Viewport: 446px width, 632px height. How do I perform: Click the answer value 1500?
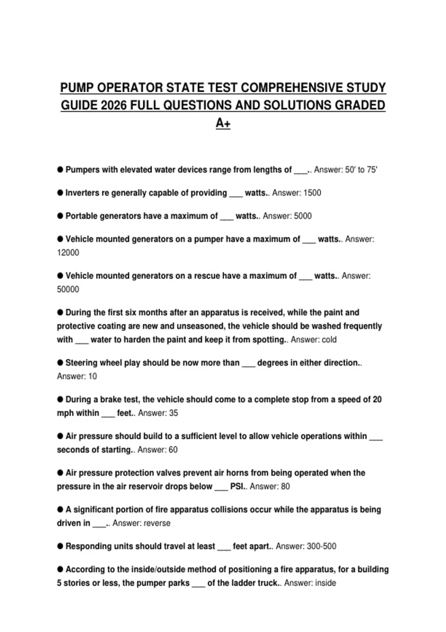pos(312,193)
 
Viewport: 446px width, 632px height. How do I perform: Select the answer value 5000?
pos(303,216)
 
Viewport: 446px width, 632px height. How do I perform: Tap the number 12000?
pos(68,253)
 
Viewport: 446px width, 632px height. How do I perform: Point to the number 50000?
pos(68,289)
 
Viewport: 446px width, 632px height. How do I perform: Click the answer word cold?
pos(329,340)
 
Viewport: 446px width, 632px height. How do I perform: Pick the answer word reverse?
pos(157,523)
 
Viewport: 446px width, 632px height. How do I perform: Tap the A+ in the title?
pos(223,123)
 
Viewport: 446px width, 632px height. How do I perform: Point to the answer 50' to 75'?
pos(361,170)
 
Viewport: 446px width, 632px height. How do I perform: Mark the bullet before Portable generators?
pos(60,216)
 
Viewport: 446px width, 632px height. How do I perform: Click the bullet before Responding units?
pos(60,546)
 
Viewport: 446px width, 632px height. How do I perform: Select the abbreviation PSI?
pos(237,486)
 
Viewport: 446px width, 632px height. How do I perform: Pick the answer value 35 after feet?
pos(173,413)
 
